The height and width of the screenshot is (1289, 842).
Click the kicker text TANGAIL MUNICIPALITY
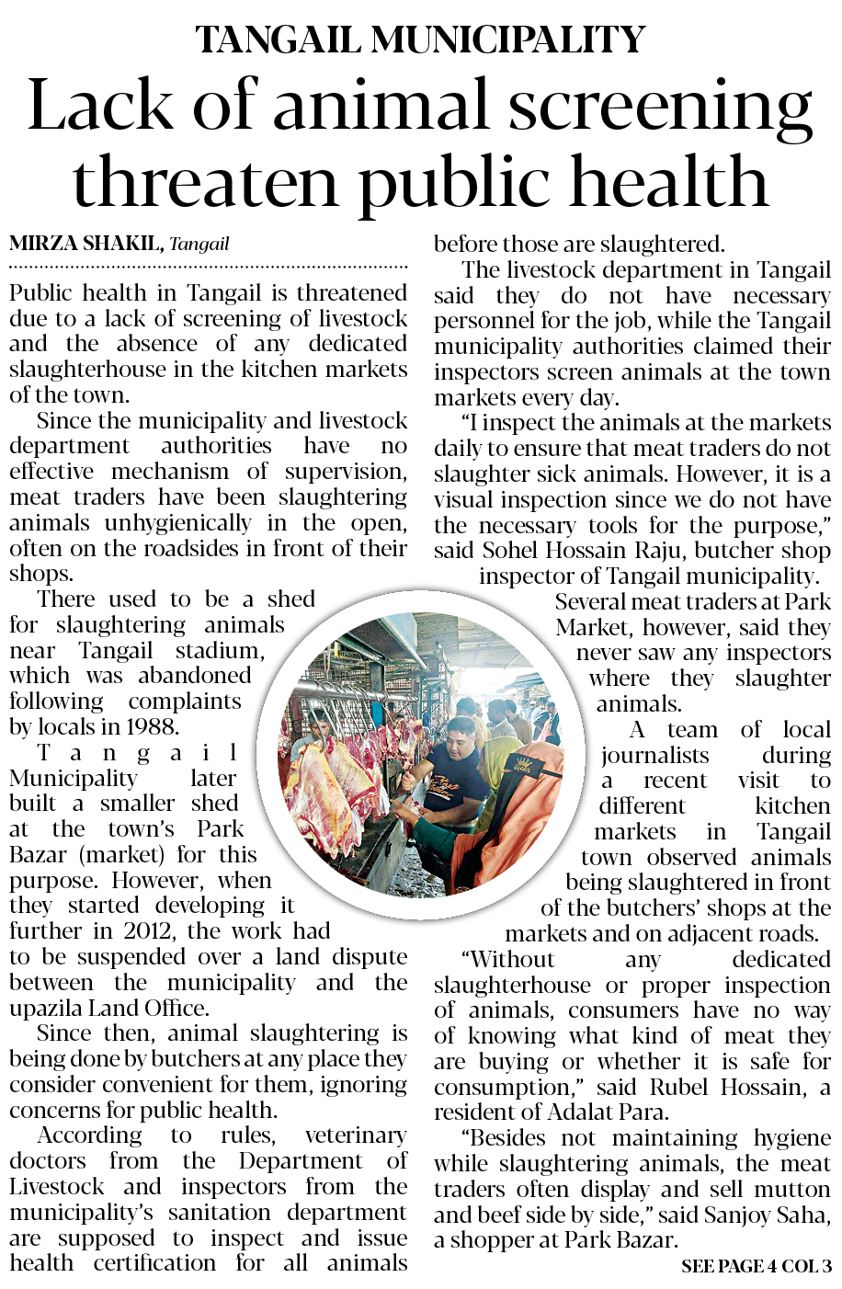tap(420, 39)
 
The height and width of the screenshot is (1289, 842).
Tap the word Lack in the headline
tap(101, 106)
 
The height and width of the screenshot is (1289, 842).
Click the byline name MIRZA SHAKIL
tap(86, 244)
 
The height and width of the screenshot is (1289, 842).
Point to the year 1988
tap(152, 726)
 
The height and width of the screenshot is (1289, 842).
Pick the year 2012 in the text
tap(148, 930)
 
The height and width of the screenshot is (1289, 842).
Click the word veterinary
tap(355, 1135)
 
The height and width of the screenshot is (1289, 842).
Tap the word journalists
tap(654, 755)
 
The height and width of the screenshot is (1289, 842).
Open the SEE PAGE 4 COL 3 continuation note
tap(756, 1266)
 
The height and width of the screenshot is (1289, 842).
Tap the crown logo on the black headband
tap(523, 763)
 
